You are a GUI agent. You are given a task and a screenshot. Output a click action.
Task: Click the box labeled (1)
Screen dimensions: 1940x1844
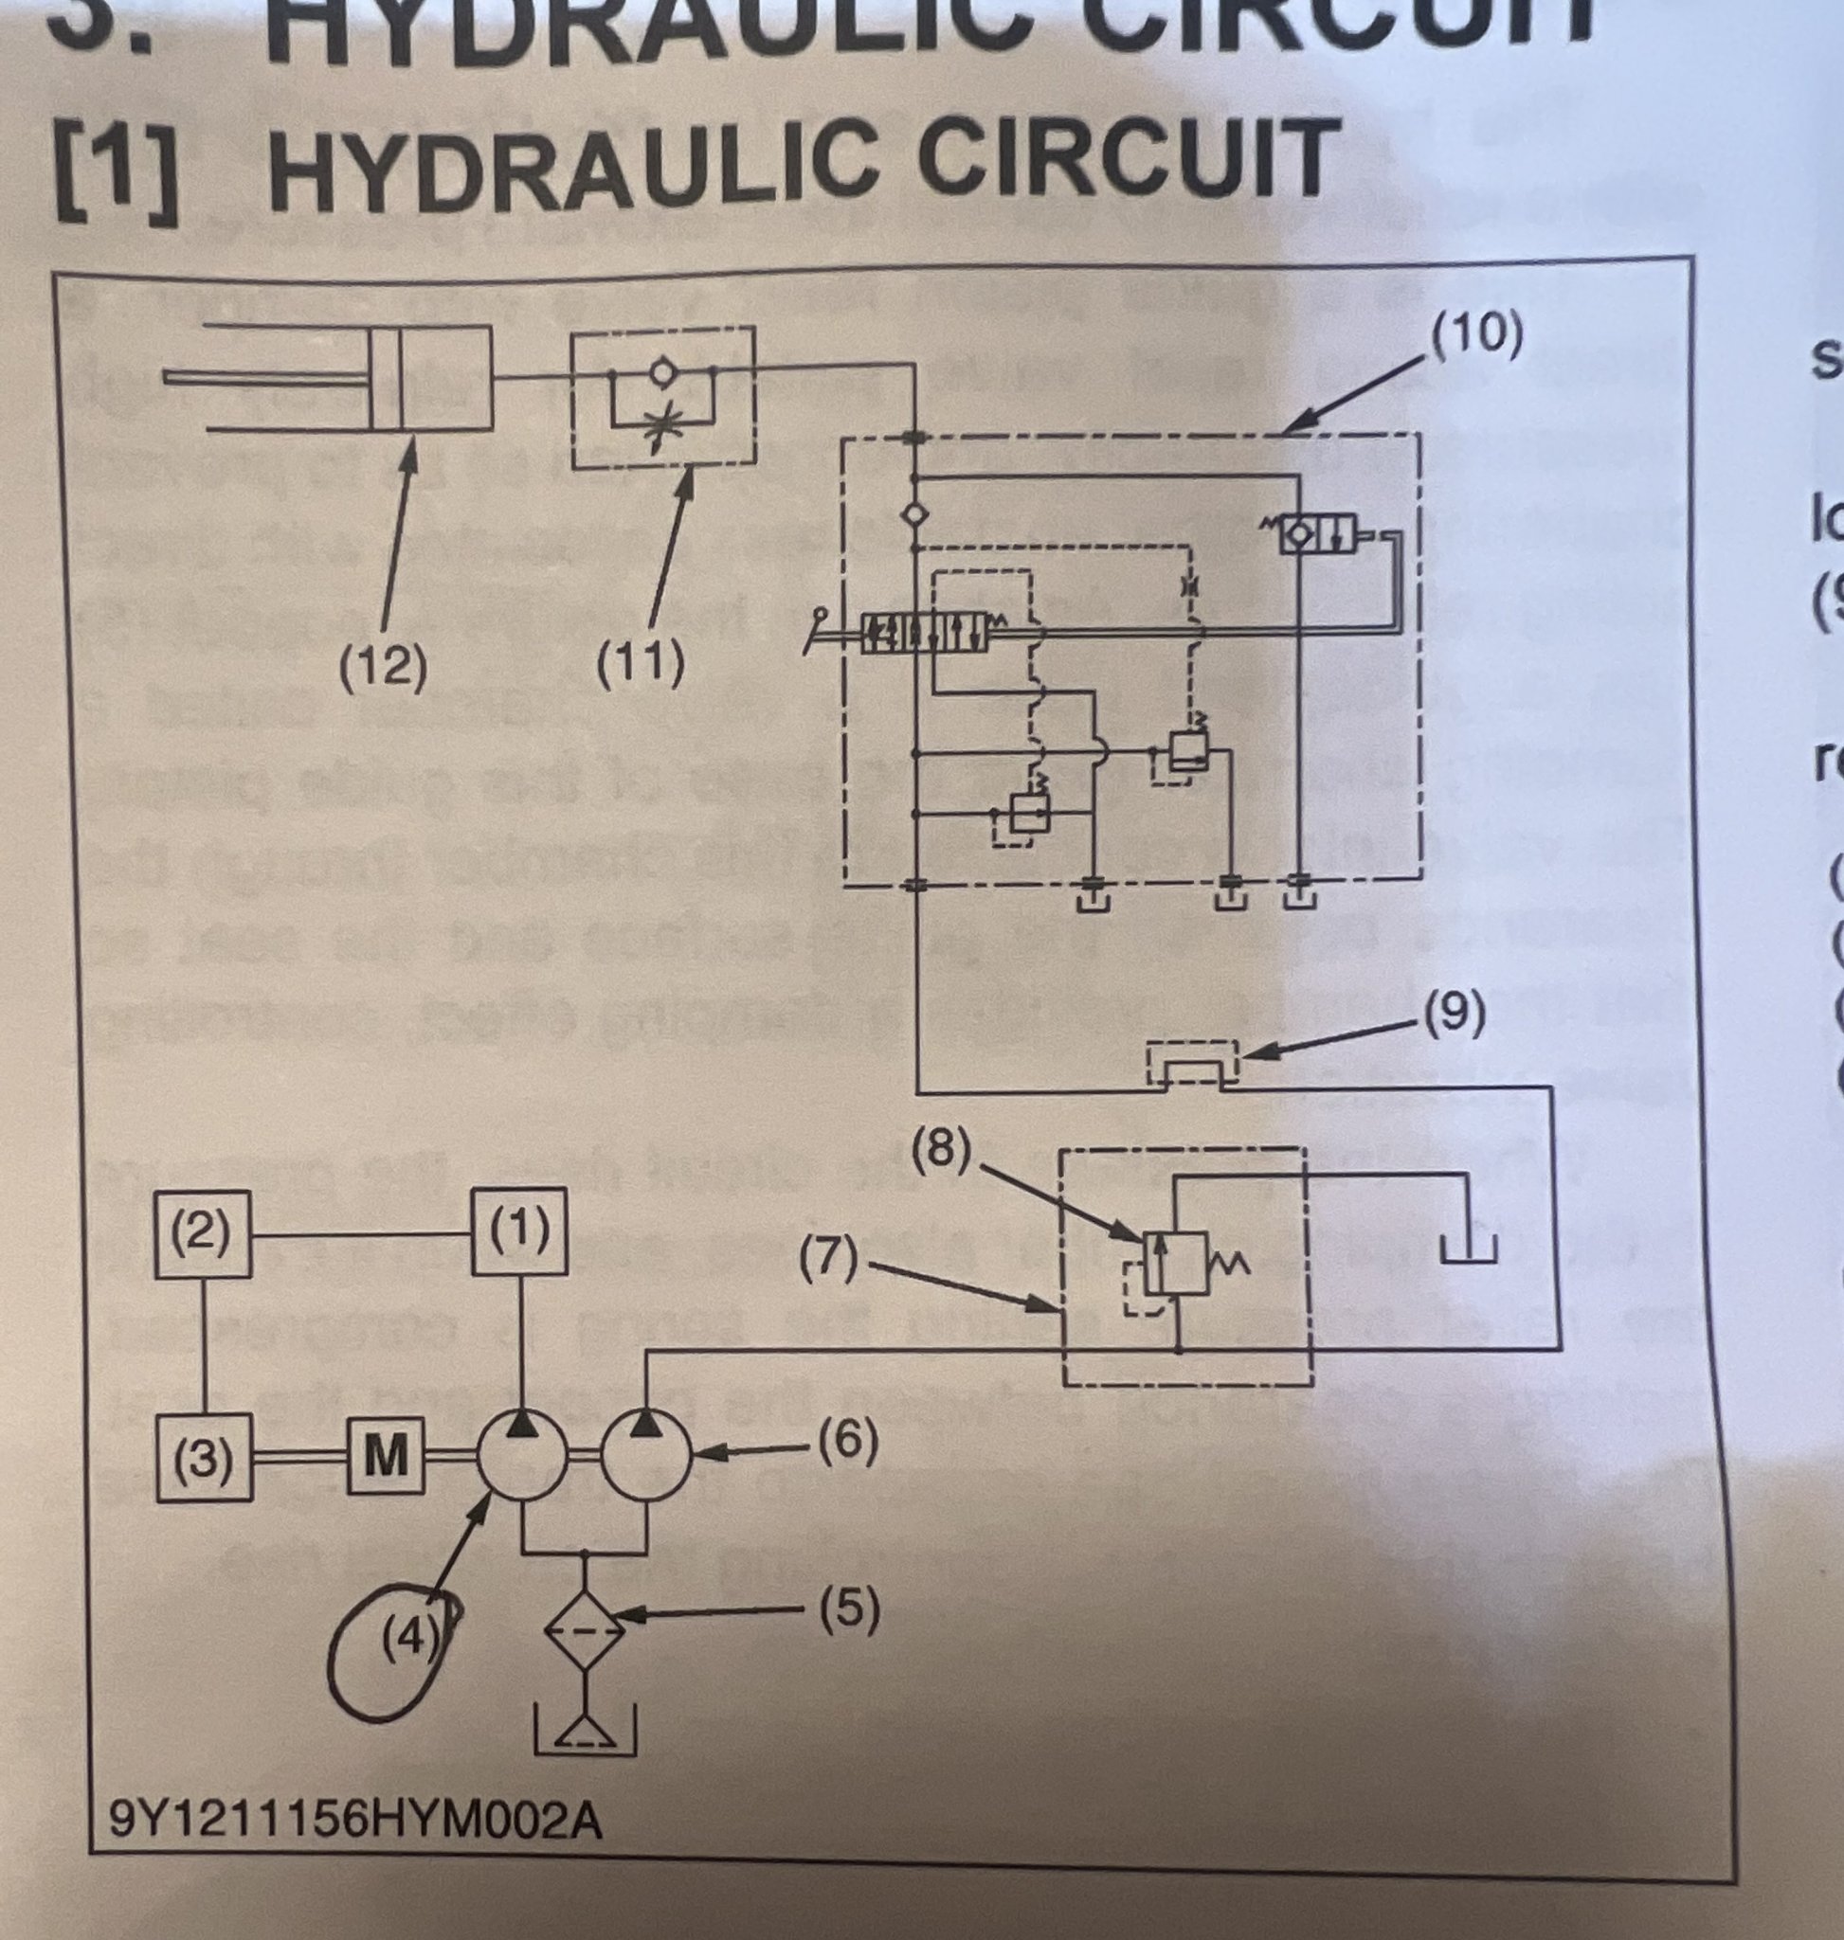519,1231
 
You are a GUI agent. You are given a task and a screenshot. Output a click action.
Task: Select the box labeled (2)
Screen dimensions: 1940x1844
203,1233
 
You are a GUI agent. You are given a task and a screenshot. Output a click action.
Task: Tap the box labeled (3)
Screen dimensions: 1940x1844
205,1458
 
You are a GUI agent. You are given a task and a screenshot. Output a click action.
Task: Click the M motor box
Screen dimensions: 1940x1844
386,1456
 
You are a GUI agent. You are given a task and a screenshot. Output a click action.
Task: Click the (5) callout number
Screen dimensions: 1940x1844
849,1609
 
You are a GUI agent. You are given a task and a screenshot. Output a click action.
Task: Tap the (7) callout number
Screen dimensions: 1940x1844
827,1259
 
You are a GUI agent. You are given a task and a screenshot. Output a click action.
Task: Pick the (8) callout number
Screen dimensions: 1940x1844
942,1147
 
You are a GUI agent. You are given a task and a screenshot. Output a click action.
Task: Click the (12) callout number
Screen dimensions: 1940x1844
384,666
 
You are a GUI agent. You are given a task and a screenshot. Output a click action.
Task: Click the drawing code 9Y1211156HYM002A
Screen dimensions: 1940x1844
354,1819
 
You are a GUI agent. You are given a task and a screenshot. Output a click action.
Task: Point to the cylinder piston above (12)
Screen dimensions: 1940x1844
387,377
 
